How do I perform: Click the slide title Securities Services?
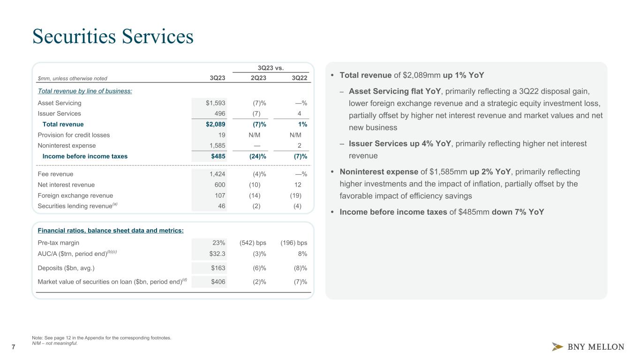pyautogui.click(x=113, y=37)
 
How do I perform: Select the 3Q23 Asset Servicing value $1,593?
pyautogui.click(x=215, y=103)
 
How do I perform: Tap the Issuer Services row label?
pyautogui.click(x=59, y=113)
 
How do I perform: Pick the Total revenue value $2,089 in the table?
pyautogui.click(x=215, y=124)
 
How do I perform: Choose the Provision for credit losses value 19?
pyautogui.click(x=221, y=135)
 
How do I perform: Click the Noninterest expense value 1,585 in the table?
pyautogui.click(x=217, y=146)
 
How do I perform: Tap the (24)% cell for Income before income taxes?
pyautogui.click(x=256, y=157)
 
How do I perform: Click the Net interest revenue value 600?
pyautogui.click(x=219, y=185)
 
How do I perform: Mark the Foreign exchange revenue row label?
pyautogui.click(x=75, y=195)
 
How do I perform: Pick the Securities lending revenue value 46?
pyautogui.click(x=221, y=206)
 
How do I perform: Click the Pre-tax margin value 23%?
pyautogui.click(x=218, y=243)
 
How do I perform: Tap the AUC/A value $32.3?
pyautogui.click(x=217, y=254)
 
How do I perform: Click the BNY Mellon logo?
pyautogui.click(x=587, y=347)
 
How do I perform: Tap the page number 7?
pyautogui.click(x=13, y=347)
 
